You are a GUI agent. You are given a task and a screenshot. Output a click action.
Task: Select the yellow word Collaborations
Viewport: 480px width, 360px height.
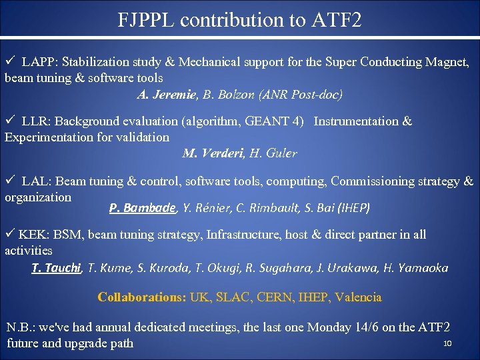pos(141,297)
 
